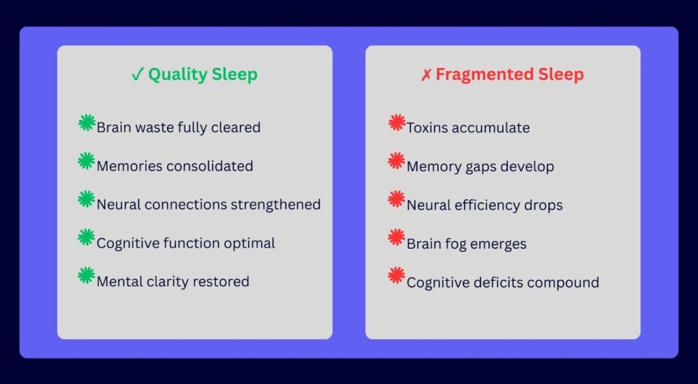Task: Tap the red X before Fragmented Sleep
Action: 426,75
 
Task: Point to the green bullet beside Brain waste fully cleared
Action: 87,123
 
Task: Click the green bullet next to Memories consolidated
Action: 87,161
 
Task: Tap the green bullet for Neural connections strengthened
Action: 87,199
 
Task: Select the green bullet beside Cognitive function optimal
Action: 87,238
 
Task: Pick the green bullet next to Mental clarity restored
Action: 87,276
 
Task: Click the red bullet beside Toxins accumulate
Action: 397,123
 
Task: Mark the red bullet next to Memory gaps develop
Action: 397,161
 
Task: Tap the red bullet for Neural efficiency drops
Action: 397,199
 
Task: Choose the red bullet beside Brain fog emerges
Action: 397,238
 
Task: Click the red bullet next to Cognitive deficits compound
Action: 397,276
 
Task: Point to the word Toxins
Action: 425,128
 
